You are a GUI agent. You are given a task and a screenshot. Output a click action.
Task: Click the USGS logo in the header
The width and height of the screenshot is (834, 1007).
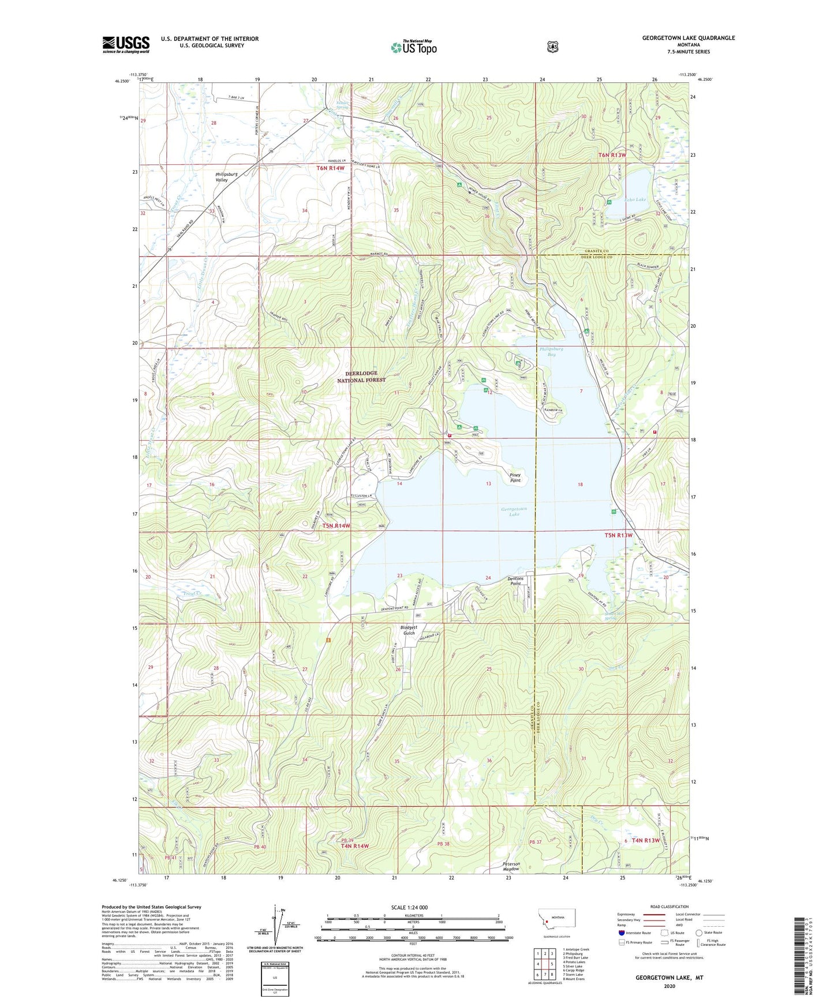(126, 44)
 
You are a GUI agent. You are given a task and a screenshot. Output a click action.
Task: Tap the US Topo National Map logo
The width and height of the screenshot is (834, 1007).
(413, 47)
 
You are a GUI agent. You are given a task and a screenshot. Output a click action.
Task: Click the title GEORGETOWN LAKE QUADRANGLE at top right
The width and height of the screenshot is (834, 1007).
(688, 38)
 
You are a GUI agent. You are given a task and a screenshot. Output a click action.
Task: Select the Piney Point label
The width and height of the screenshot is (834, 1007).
(515, 478)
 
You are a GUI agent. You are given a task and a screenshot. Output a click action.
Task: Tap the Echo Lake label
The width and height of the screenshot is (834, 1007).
(635, 200)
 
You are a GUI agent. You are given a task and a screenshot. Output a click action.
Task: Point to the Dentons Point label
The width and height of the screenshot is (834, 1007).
(515, 580)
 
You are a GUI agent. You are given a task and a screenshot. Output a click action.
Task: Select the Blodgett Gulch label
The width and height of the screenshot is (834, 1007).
(409, 630)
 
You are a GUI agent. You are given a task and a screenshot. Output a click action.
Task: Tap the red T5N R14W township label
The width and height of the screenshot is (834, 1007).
(336, 525)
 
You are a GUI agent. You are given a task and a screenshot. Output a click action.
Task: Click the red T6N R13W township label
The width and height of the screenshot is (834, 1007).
(612, 155)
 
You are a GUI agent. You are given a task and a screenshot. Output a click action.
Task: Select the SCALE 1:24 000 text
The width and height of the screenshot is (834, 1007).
(409, 907)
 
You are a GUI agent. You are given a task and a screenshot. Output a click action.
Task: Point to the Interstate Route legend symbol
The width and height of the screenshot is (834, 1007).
(622, 933)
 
